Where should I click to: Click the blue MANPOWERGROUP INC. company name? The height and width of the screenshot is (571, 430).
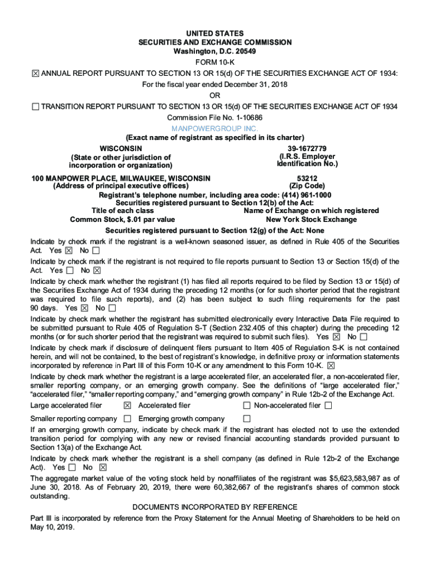[x=215, y=128]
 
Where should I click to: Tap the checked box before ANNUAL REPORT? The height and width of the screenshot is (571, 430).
[x=35, y=74]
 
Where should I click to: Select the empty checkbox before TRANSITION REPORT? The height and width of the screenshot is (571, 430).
[x=35, y=107]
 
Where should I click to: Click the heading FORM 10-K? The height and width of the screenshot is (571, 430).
[x=215, y=62]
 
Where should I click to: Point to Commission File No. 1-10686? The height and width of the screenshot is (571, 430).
[x=215, y=118]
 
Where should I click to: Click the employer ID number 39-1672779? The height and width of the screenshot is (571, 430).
[x=307, y=148]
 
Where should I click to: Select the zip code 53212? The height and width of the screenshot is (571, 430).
[x=307, y=178]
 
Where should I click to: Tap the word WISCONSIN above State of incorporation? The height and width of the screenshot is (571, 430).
[x=120, y=148]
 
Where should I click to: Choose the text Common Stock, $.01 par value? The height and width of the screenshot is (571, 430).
[x=122, y=220]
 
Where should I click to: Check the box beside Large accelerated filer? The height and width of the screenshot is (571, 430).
[x=127, y=405]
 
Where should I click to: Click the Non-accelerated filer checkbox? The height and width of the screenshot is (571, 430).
[x=328, y=405]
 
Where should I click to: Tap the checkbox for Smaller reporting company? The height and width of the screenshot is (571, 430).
[x=127, y=419]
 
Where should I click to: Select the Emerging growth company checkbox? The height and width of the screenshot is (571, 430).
[x=246, y=419]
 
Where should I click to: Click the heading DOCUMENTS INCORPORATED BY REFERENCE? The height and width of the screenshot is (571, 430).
[x=215, y=507]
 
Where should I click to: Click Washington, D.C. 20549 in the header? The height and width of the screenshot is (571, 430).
[x=215, y=51]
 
